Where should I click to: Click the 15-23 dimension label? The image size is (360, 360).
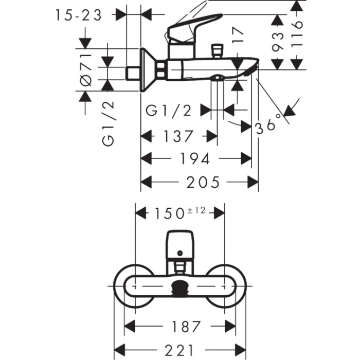pyautogui.click(x=78, y=16)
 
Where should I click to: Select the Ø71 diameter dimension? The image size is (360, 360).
pyautogui.click(x=86, y=69)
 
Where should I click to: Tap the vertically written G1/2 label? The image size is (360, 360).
pyautogui.click(x=108, y=123)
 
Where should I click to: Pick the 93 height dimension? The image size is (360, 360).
pyautogui.click(x=278, y=43)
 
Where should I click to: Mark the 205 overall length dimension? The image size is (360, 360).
pyautogui.click(x=202, y=182)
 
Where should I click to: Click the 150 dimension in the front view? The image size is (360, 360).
pyautogui.click(x=170, y=212)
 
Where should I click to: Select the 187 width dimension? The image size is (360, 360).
pyautogui.click(x=179, y=326)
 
